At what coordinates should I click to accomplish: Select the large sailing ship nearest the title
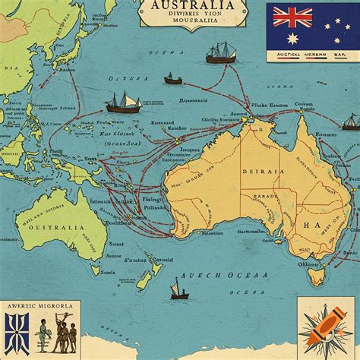[221, 52]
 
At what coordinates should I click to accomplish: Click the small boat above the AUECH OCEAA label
[179, 289]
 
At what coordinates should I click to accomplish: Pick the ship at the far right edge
[350, 122]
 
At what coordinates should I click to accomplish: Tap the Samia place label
[108, 271]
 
